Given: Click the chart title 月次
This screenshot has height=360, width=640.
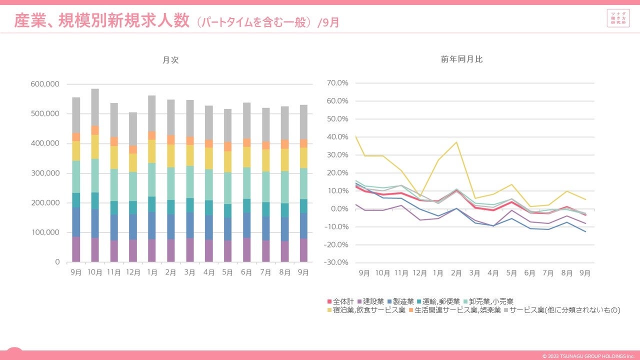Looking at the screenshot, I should (x=170, y=60).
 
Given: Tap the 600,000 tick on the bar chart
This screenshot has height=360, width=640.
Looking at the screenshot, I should (x=45, y=84).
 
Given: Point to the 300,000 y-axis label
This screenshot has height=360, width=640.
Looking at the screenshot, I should (x=45, y=173).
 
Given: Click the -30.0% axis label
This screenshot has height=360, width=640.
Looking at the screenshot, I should (x=336, y=262).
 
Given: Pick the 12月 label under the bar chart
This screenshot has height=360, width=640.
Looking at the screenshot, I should (x=133, y=272).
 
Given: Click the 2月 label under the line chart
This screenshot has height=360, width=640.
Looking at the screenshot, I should (x=456, y=273).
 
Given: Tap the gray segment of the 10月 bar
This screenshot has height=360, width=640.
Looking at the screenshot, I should (x=95, y=107).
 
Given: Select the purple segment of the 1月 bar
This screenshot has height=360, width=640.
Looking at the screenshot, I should (x=152, y=250).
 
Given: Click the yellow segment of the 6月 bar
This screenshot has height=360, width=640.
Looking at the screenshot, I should (x=247, y=157).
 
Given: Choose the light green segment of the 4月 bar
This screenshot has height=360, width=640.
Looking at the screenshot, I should (x=209, y=184).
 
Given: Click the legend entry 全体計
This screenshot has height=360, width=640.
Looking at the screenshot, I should (x=340, y=301).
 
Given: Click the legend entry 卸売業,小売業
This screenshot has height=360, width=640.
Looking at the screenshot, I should (x=490, y=301).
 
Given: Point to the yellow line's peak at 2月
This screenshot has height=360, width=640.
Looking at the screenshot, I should (x=456, y=142).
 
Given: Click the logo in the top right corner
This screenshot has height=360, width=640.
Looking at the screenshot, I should (x=618, y=18).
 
